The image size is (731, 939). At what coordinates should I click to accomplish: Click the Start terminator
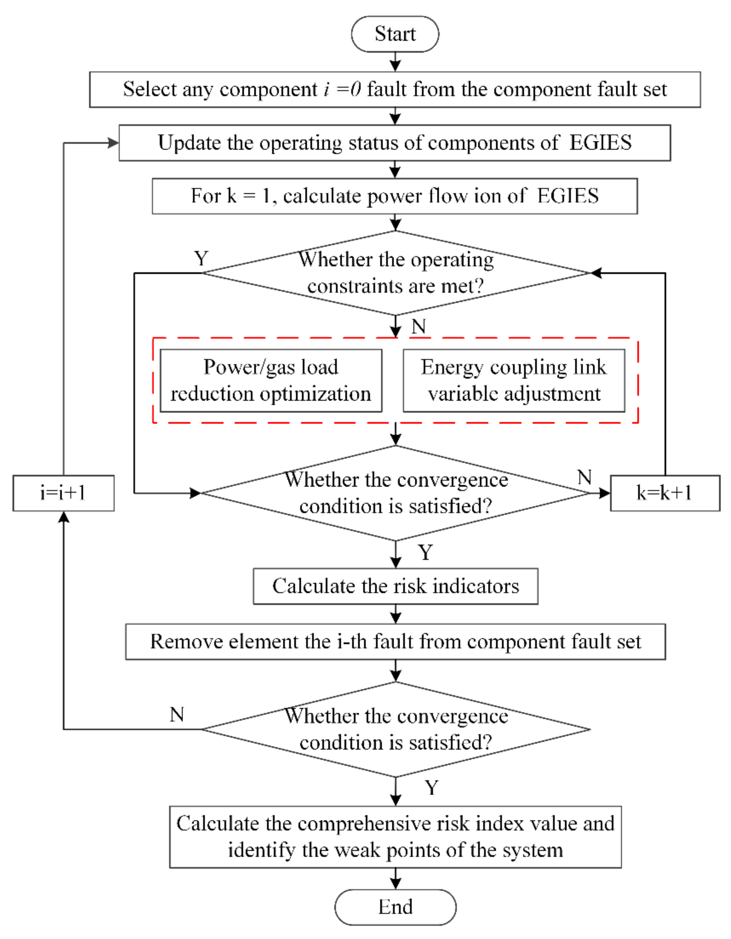(395, 34)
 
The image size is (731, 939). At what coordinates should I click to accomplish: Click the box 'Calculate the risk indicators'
(395, 586)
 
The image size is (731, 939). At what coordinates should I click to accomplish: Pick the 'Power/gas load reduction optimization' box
(270, 380)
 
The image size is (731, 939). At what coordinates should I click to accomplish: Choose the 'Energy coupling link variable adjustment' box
(513, 380)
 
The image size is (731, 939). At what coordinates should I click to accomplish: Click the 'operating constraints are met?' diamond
(395, 273)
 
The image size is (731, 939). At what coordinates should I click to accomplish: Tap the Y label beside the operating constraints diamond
(201, 259)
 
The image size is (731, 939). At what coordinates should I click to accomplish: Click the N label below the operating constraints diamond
(418, 327)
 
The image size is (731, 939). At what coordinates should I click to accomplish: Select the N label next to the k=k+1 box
(584, 477)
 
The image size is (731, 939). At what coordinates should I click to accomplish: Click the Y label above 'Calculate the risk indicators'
(425, 553)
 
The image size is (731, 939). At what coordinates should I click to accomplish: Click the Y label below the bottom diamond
(431, 788)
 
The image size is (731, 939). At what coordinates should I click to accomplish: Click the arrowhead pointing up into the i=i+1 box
(64, 517)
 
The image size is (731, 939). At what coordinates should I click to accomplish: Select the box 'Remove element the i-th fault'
(395, 642)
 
